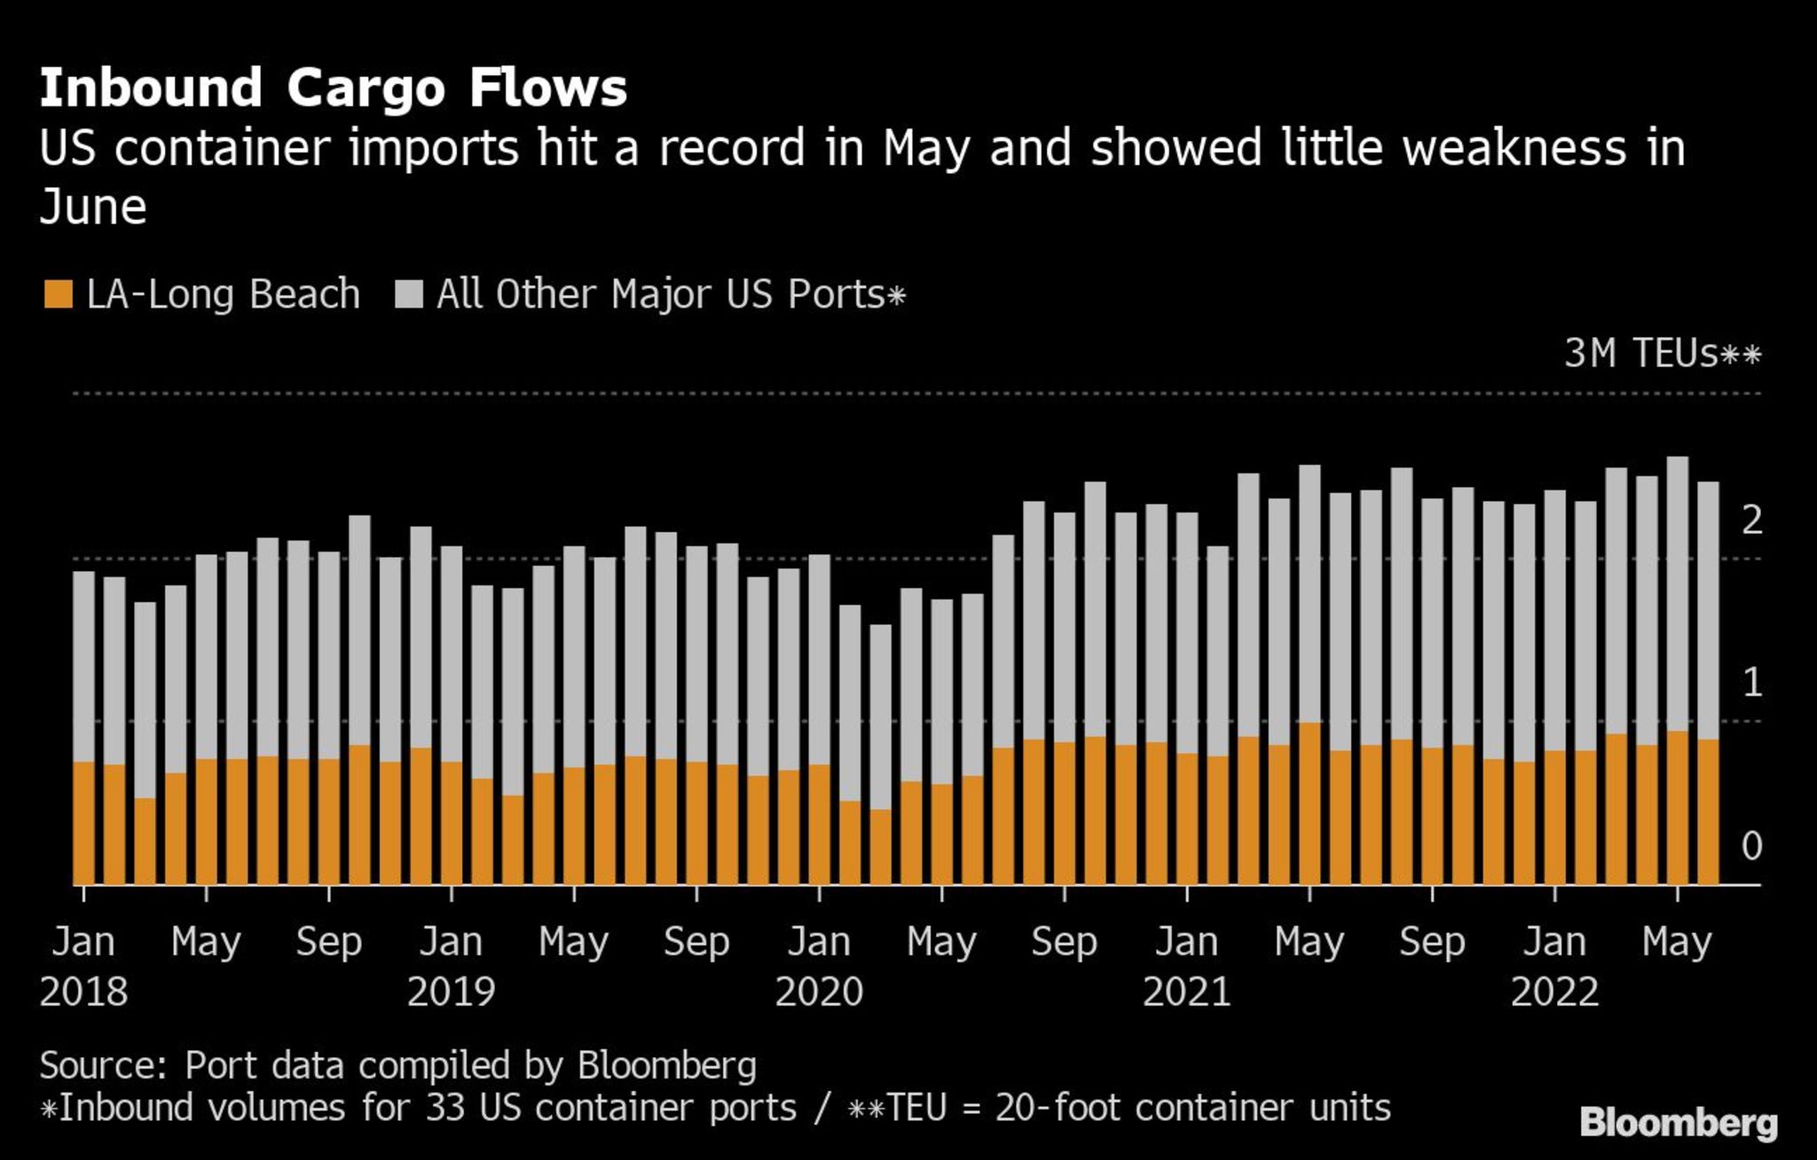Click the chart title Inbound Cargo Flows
333,88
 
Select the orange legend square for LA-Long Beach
58,294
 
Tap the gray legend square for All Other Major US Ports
409,294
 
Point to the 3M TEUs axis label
1662,353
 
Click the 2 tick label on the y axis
1751,520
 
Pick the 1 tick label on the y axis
1751,682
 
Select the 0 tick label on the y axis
1751,846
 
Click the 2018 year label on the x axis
83,991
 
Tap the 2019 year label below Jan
451,991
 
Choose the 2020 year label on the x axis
819,991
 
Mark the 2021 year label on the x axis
1186,991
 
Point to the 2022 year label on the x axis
1554,991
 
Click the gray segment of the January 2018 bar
83,665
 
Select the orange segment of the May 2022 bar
1677,807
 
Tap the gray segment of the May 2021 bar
1310,594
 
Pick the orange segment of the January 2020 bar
819,825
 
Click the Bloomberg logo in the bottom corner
1679,1123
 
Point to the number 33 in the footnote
445,1108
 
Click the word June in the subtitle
93,208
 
